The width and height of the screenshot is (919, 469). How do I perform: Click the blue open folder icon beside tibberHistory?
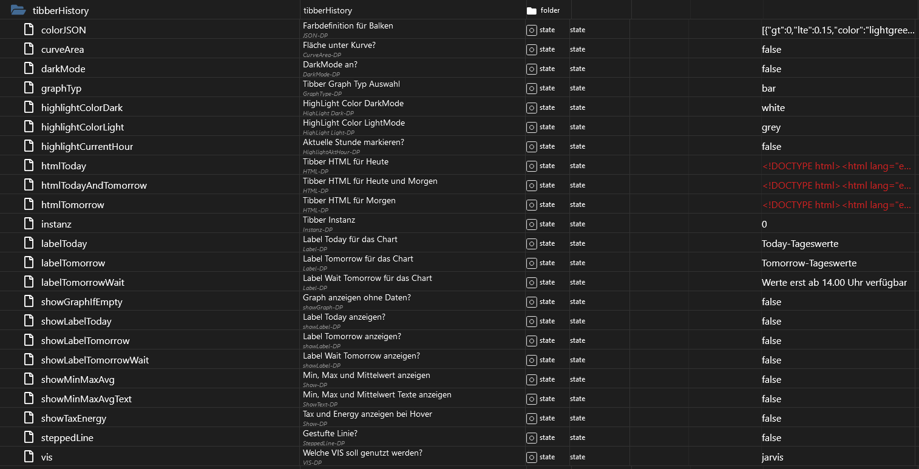click(x=18, y=10)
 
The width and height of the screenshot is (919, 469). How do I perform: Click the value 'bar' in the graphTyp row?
click(x=768, y=88)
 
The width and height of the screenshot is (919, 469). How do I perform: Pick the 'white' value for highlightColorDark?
click(x=773, y=107)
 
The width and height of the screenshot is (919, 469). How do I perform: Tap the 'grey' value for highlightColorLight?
click(x=771, y=127)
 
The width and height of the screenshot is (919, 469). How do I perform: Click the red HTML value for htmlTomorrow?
click(x=836, y=204)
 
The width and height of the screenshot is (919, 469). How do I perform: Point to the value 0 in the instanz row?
click(x=764, y=224)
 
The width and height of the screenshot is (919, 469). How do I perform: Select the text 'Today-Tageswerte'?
click(x=799, y=243)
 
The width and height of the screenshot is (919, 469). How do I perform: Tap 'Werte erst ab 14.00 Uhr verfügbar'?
click(x=834, y=282)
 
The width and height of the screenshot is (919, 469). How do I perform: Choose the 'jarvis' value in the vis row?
click(x=772, y=457)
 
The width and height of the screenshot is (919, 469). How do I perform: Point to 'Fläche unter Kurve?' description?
click(x=340, y=45)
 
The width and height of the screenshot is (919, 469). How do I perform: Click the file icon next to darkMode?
click(x=29, y=69)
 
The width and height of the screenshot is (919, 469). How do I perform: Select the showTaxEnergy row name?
click(x=73, y=418)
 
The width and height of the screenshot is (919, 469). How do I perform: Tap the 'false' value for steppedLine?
click(x=771, y=437)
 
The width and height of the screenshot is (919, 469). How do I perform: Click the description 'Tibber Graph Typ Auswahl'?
click(x=351, y=84)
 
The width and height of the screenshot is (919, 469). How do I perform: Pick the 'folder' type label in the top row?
click(x=550, y=10)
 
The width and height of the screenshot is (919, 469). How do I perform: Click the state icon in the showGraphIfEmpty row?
click(x=531, y=302)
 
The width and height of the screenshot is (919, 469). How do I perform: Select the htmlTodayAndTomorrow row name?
click(x=93, y=185)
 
